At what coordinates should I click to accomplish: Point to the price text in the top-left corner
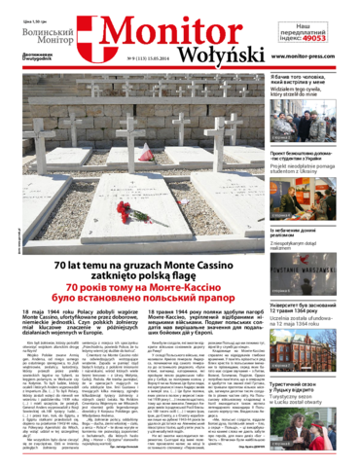coord(22,7)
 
